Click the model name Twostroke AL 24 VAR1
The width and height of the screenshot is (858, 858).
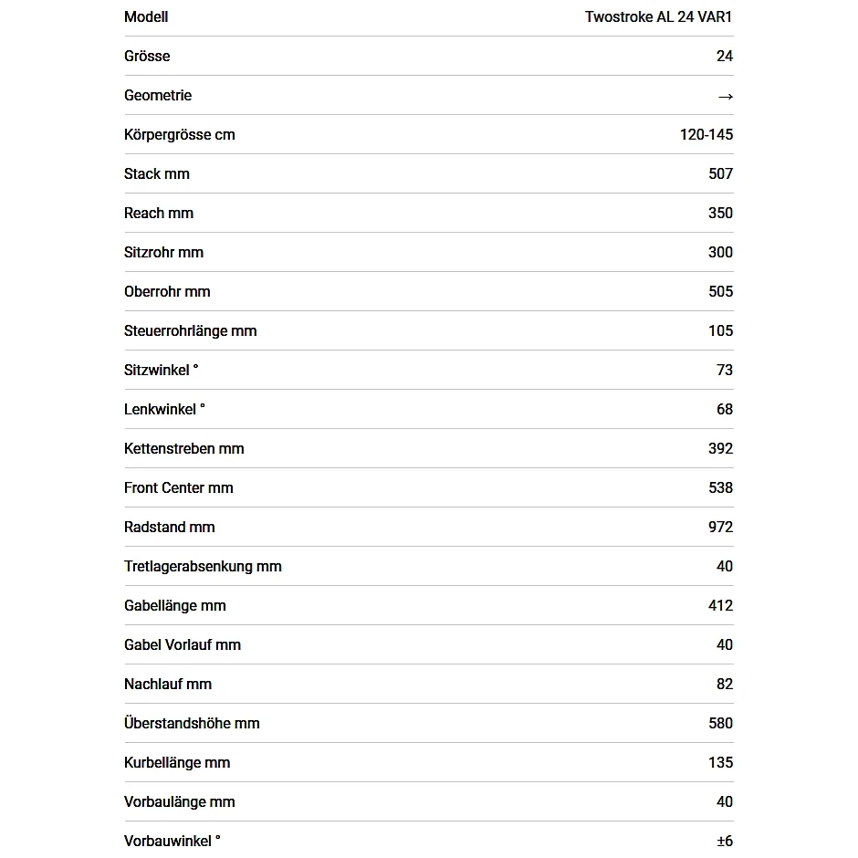coord(658,16)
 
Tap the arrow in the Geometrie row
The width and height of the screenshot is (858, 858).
coord(725,96)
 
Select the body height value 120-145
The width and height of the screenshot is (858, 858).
coord(706,134)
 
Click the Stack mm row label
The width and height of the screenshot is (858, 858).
coord(157,173)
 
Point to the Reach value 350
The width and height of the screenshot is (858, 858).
coord(720,213)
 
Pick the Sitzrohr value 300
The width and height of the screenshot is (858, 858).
coord(720,252)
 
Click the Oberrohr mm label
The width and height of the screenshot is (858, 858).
coord(167,291)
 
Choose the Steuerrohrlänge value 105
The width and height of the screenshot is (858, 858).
coord(720,330)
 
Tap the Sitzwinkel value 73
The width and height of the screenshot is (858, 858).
coord(725,370)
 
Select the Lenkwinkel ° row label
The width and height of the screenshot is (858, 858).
coord(164,409)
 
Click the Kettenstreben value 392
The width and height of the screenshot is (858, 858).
coord(720,448)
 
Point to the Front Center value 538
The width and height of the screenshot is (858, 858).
coord(720,487)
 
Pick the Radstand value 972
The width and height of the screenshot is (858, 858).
coord(720,527)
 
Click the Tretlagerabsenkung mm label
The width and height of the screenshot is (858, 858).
coord(203,566)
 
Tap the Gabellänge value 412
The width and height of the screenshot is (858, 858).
coord(720,605)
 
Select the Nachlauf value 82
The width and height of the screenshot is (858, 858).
coord(725,684)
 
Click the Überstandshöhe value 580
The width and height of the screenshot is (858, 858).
coord(720,723)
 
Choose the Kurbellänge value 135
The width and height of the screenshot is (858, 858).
coord(720,762)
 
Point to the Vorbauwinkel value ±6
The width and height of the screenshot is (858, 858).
coord(725,841)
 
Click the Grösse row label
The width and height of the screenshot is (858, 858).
coord(147,56)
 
